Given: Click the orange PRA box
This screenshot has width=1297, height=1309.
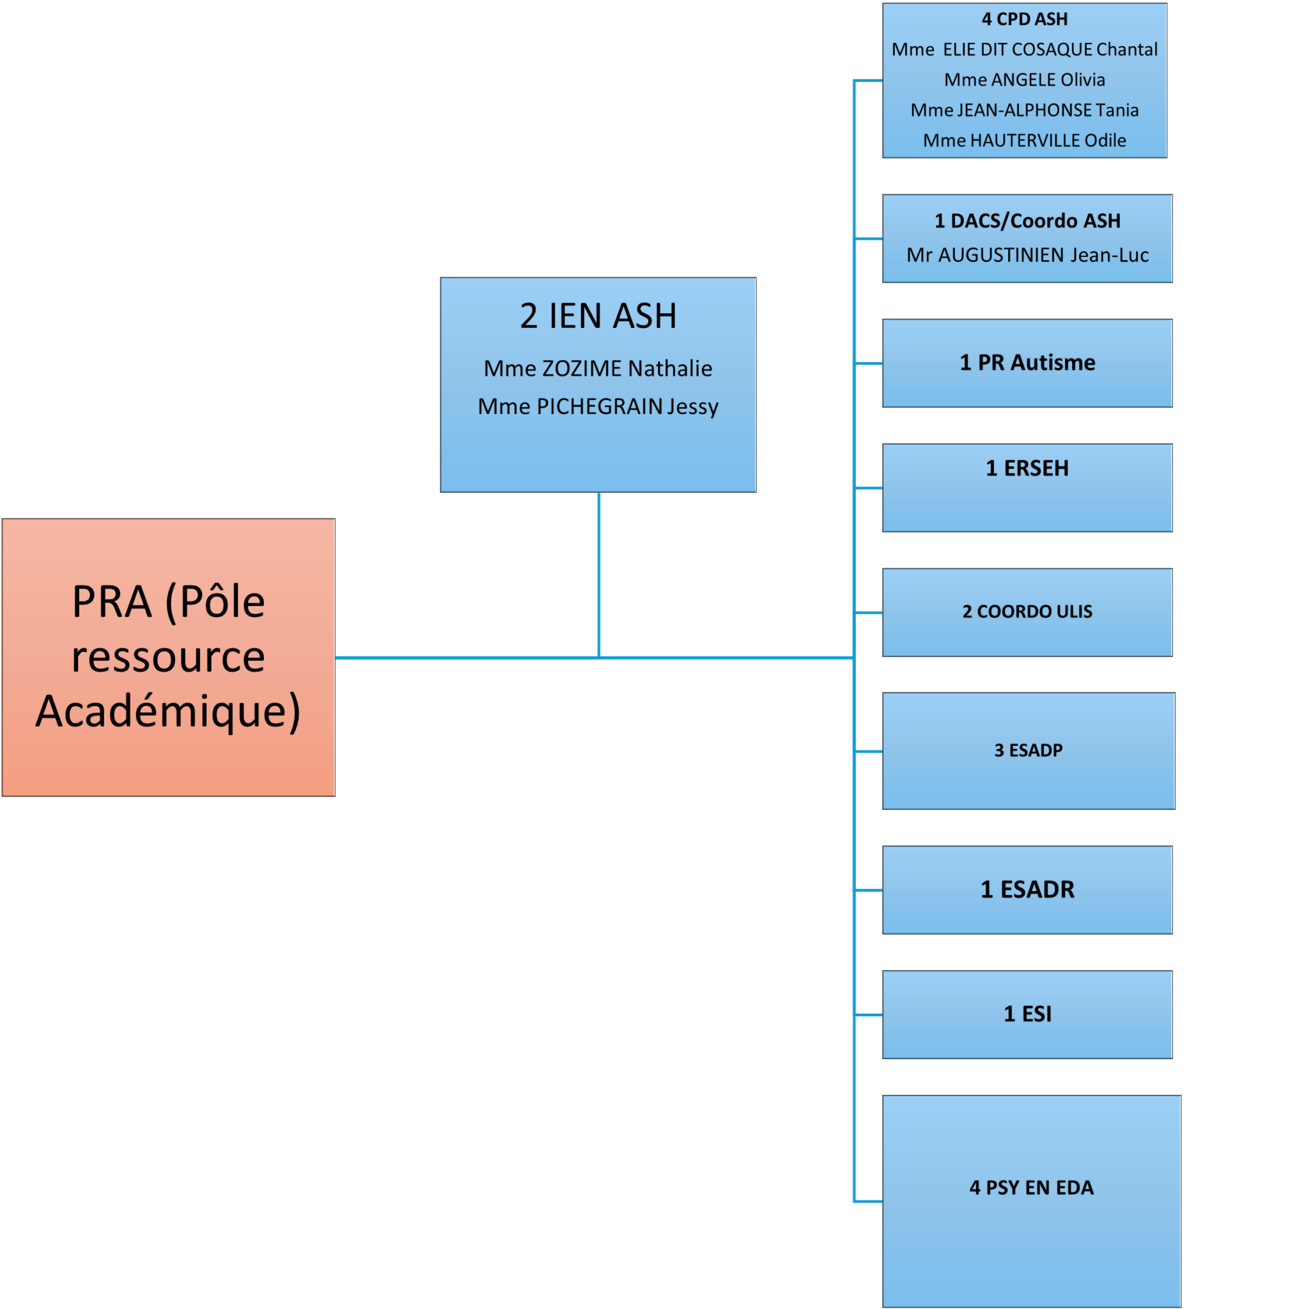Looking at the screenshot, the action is click(168, 656).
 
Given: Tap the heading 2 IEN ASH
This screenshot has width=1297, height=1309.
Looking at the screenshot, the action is click(598, 316).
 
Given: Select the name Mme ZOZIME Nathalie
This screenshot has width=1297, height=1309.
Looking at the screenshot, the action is click(598, 368).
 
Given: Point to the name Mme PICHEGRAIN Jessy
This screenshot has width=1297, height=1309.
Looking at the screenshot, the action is click(598, 406).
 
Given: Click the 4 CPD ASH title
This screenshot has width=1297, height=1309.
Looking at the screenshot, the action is click(1024, 19).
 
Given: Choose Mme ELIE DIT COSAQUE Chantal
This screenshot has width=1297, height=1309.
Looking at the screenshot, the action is click(1024, 49).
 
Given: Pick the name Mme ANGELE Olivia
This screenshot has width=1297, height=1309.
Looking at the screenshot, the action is click(1024, 80).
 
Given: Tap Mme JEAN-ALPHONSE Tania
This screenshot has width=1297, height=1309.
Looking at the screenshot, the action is click(1024, 110).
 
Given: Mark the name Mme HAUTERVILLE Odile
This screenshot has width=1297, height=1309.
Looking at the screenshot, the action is click(1024, 140).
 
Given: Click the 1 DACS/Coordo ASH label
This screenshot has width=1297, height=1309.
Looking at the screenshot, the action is click(1027, 221).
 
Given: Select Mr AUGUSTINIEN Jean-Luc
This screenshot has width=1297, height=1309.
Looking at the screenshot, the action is click(1027, 255).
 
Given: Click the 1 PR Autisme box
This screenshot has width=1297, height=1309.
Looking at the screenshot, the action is click(1027, 363).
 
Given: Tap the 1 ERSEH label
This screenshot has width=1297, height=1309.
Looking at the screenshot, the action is click(1027, 468).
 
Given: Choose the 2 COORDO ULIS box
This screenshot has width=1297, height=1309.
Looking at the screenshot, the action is click(1027, 612).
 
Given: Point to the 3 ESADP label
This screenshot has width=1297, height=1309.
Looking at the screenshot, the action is click(1028, 750).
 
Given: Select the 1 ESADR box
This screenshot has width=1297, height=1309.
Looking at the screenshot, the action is click(1027, 890).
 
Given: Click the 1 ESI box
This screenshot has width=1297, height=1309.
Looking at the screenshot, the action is click(1027, 1014).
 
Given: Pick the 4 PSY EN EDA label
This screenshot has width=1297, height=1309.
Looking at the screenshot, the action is click(1031, 1188).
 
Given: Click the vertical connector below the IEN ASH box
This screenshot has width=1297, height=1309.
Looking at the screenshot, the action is click(598, 575).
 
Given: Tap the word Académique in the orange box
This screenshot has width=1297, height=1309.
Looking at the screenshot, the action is click(168, 712).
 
